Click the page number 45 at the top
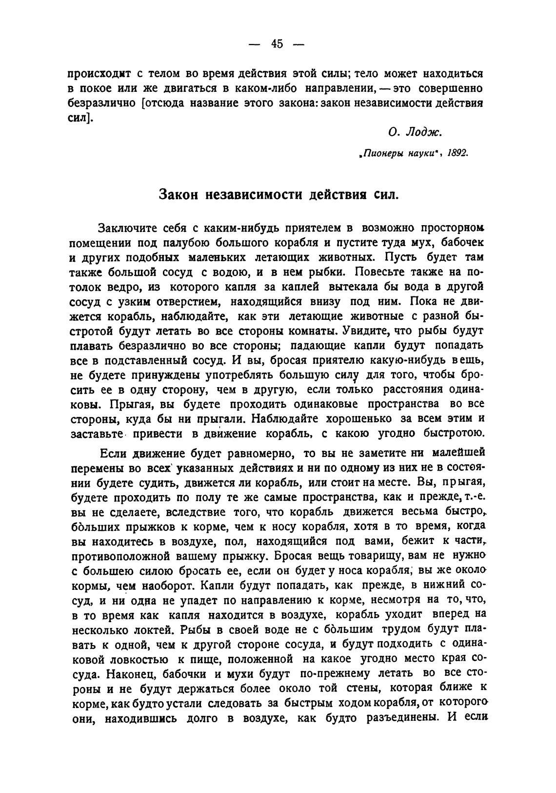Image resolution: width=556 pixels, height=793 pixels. pyautogui.click(x=277, y=44)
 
